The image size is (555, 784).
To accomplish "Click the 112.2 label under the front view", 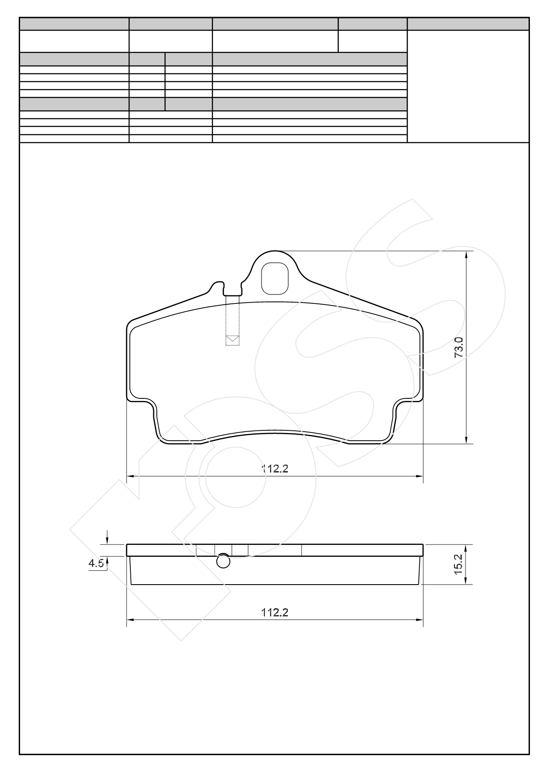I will point(275,469).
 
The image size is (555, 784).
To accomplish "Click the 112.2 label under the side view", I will point(275,612).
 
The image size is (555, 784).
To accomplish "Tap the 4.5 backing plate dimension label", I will point(95,563).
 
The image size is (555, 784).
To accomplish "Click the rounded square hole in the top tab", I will point(275,279).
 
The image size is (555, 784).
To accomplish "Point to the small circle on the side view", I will point(223,561).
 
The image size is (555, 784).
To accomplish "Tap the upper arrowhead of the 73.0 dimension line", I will point(467,255).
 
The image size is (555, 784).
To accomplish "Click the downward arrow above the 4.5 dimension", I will point(107,538).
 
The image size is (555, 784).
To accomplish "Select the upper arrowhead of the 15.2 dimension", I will point(467,548).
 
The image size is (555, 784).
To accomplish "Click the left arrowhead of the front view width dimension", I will point(130,476).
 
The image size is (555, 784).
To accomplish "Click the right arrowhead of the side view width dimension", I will point(420,620).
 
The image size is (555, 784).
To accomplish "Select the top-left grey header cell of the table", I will point(74,24).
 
